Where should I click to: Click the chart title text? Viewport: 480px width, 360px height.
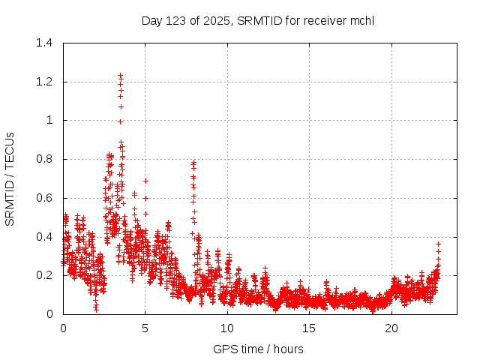[x=258, y=20]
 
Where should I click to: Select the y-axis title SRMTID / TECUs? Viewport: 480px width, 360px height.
[x=10, y=178]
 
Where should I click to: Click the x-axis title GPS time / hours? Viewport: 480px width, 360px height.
[x=258, y=349]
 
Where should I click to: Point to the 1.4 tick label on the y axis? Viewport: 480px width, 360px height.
[x=45, y=43]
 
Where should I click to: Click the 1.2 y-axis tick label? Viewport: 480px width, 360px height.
[x=45, y=82]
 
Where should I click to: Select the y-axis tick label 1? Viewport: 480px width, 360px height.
[x=49, y=120]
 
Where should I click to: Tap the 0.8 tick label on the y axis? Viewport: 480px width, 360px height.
[x=45, y=159]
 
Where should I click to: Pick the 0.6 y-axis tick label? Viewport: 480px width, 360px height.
[x=45, y=198]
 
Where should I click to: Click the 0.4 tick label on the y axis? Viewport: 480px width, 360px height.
[x=45, y=237]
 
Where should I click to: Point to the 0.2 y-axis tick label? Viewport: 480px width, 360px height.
[x=45, y=275]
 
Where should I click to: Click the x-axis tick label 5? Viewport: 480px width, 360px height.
[x=145, y=328]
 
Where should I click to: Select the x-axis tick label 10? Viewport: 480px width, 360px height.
[x=227, y=328]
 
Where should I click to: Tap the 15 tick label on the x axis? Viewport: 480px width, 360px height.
[x=309, y=328]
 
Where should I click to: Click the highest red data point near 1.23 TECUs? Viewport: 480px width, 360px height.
[x=120, y=76]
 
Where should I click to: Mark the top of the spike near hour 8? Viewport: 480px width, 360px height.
[x=193, y=162]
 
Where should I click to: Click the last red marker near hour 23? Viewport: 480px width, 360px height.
[x=438, y=244]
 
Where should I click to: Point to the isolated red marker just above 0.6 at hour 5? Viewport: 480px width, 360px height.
[x=145, y=181]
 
